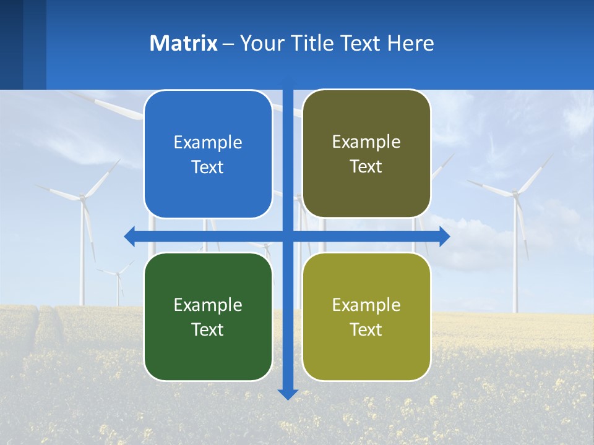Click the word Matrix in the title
(183, 43)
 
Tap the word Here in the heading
(410, 43)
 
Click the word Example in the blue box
(208, 143)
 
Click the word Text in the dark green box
(208, 329)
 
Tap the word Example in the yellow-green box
(366, 305)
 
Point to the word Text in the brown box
(366, 167)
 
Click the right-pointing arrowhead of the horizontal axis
(444, 236)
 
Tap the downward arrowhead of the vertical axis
(288, 394)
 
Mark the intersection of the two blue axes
(288, 236)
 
